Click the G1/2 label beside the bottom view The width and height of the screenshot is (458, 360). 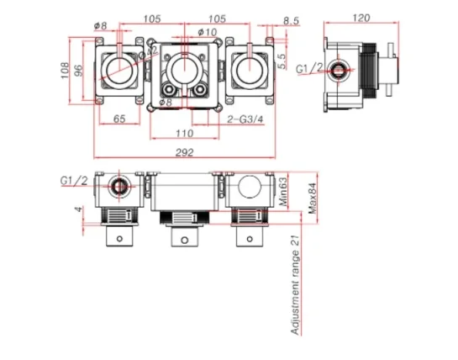[73, 181]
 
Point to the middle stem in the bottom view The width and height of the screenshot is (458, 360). [182, 239]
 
